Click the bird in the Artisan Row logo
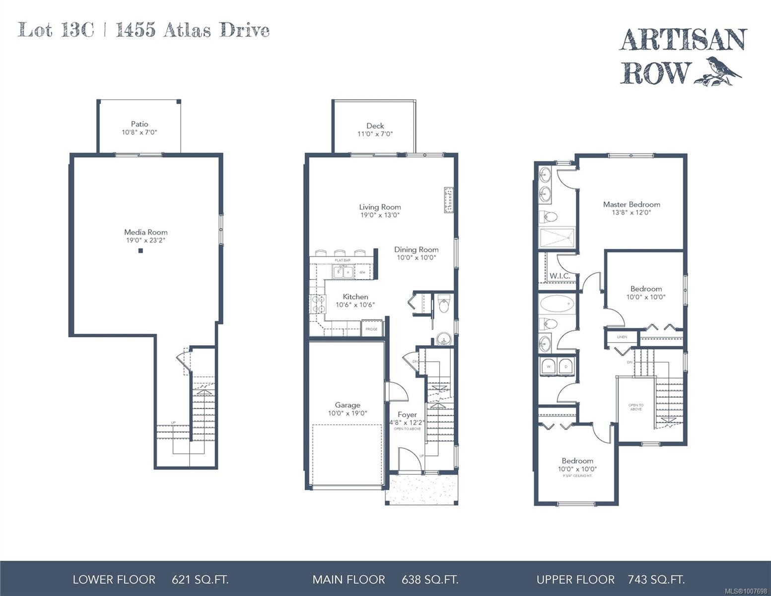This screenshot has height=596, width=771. pyautogui.click(x=724, y=69)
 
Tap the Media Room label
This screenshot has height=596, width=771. pyautogui.click(x=145, y=232)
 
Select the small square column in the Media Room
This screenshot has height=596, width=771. pyautogui.click(x=140, y=251)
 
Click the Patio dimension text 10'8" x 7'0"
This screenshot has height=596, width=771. pyautogui.click(x=140, y=133)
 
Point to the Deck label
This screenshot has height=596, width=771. pyautogui.click(x=375, y=126)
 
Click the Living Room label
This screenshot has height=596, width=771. pyautogui.click(x=380, y=207)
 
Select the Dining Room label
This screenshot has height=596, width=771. pyautogui.click(x=416, y=249)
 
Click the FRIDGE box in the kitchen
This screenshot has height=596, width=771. pyautogui.click(x=371, y=329)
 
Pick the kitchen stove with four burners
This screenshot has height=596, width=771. pyautogui.click(x=317, y=303)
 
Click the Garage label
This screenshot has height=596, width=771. pyautogui.click(x=347, y=405)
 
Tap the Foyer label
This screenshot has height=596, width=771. pyautogui.click(x=407, y=414)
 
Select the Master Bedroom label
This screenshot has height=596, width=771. pyautogui.click(x=631, y=204)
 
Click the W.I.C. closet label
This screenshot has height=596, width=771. pyautogui.click(x=560, y=276)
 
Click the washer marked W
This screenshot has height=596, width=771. pyautogui.click(x=549, y=367)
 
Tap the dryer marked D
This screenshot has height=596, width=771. pyautogui.click(x=565, y=367)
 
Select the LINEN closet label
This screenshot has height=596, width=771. pyautogui.click(x=622, y=337)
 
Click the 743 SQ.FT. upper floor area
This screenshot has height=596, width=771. pyautogui.click(x=656, y=579)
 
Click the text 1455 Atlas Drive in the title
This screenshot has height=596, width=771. pyautogui.click(x=193, y=31)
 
